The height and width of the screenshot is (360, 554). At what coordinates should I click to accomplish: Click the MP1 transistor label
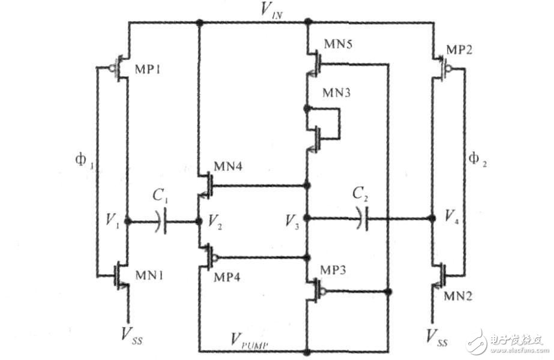[148, 69]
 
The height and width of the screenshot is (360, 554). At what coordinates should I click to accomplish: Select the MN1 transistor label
[149, 275]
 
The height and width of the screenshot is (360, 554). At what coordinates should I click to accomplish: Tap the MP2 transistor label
[459, 50]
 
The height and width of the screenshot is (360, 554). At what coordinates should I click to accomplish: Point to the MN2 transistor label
[458, 296]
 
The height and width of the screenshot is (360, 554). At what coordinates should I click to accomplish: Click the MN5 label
[338, 44]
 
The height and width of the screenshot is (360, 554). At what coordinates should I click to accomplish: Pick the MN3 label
[337, 93]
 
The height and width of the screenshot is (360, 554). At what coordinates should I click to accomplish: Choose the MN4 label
[228, 166]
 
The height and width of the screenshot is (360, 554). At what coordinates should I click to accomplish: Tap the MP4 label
[227, 277]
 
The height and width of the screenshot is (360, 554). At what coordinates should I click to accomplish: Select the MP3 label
[333, 270]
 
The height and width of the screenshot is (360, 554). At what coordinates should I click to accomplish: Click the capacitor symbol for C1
[161, 221]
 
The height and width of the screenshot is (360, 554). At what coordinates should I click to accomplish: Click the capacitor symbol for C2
[363, 218]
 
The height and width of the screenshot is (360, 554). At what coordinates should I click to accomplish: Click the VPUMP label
[249, 341]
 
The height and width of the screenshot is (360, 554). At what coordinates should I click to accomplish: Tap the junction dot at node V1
[128, 221]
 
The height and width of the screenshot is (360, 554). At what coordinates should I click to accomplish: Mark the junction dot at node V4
[432, 218]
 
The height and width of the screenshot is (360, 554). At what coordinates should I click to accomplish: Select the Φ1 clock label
[85, 161]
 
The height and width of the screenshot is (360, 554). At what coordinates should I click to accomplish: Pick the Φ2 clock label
[477, 160]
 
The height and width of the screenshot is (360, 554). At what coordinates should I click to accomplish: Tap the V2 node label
[215, 221]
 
